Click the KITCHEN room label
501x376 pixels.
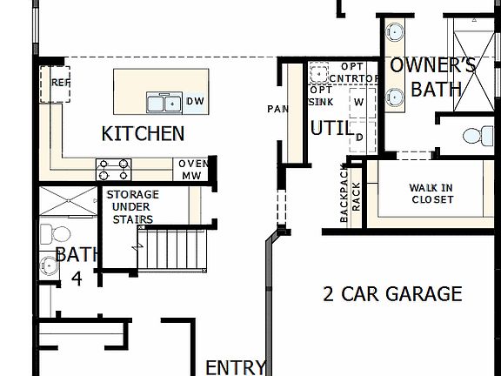pyautogui.click(x=143, y=133)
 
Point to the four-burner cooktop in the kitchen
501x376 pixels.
pyautogui.click(x=113, y=168)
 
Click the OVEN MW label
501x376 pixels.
pyautogui.click(x=190, y=169)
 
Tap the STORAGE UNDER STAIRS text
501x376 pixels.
pyautogui.click(x=132, y=206)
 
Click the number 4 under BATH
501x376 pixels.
pyautogui.click(x=76, y=278)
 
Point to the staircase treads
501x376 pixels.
pyautogui.click(x=176, y=247)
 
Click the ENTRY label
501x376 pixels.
pyautogui.click(x=235, y=366)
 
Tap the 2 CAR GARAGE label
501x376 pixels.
pyautogui.click(x=392, y=294)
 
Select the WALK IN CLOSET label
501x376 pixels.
pyautogui.click(x=432, y=193)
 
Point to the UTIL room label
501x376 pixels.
pyautogui.click(x=331, y=129)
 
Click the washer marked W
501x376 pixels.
pyautogui.click(x=357, y=102)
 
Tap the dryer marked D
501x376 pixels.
pyautogui.click(x=357, y=137)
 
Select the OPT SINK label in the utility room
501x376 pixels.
pyautogui.click(x=321, y=96)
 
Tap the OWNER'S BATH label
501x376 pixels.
pyautogui.click(x=431, y=77)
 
